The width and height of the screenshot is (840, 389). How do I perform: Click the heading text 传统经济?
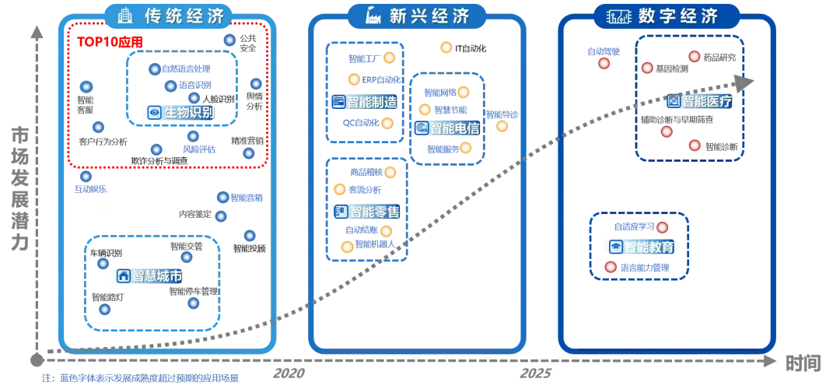coord(184,16)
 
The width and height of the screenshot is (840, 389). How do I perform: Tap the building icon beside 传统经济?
coord(125,16)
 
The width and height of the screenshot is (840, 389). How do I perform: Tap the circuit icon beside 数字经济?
coord(619,16)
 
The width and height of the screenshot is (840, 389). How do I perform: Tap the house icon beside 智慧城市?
coord(122,275)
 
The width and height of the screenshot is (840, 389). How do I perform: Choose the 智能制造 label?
coord(371,102)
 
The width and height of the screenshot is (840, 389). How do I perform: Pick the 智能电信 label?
coord(454,128)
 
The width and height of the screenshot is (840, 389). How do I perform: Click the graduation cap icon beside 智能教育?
coord(614,247)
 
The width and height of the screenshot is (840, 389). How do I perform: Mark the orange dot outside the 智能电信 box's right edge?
coord(502,125)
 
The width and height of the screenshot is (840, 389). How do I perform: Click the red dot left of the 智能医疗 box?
coord(604,63)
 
